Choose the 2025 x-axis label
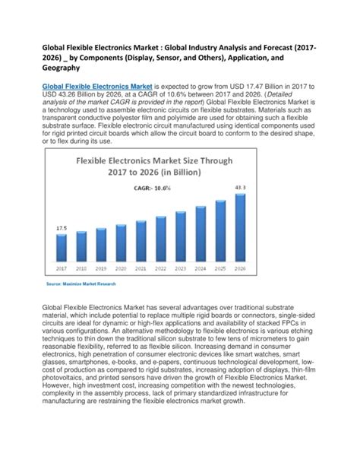(x=220, y=268)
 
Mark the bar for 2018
(x=82, y=249)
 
